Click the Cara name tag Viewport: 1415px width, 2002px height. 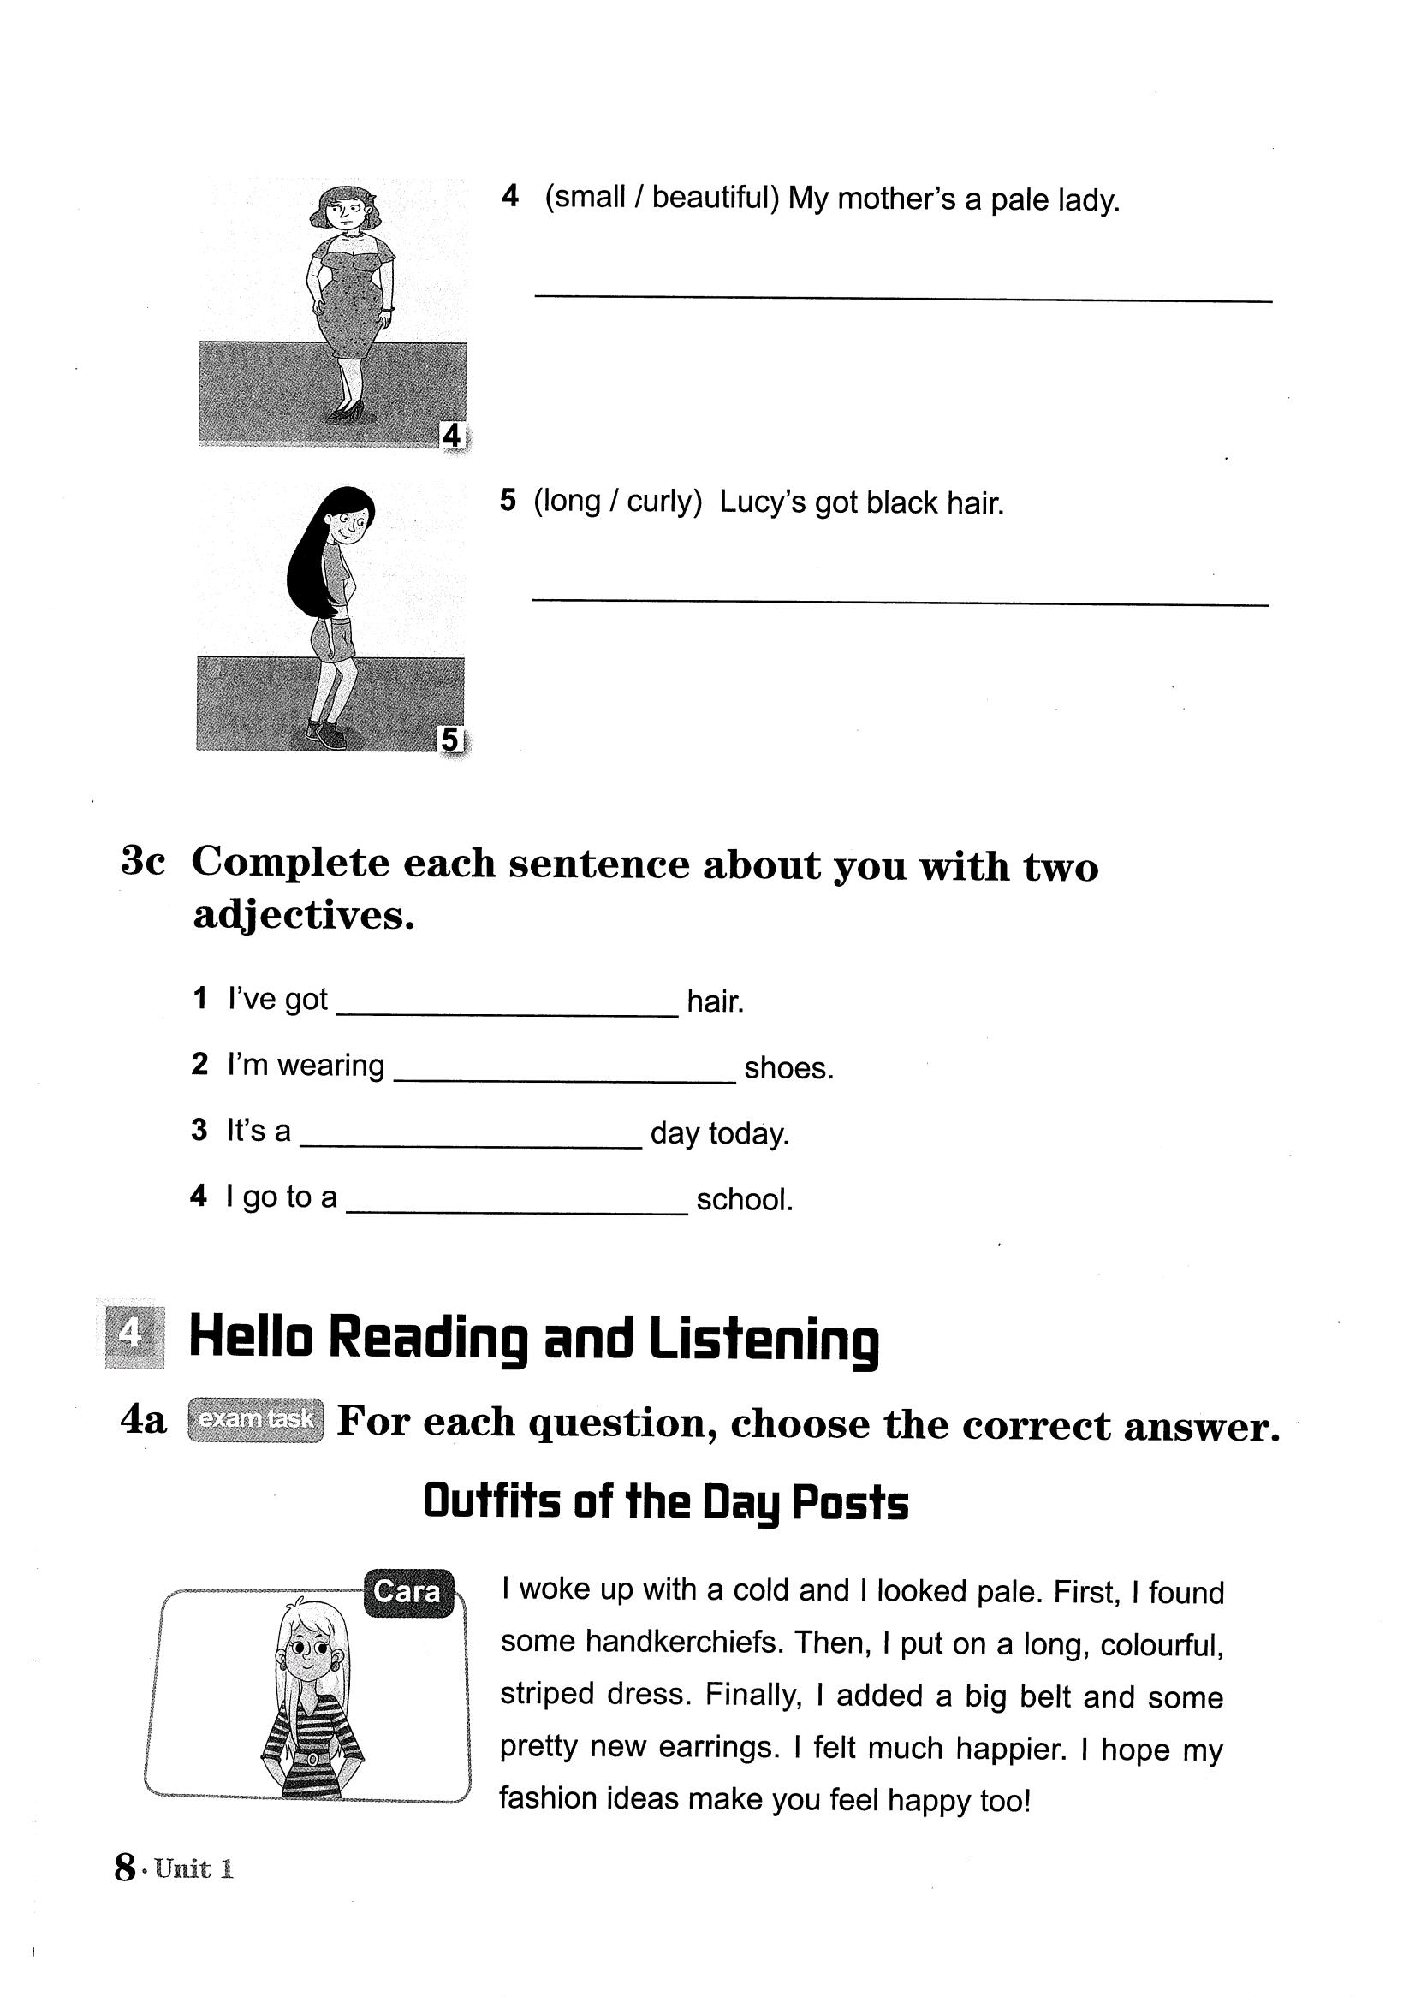(407, 1591)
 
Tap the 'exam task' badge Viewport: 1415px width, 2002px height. (255, 1419)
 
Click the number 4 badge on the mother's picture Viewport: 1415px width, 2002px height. (452, 433)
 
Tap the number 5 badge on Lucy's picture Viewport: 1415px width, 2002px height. (449, 740)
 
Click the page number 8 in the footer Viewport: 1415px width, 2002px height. (125, 1868)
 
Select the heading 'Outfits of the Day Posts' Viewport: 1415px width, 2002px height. (665, 1502)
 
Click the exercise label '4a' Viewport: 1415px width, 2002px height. (143, 1421)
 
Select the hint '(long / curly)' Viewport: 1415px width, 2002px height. (617, 502)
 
